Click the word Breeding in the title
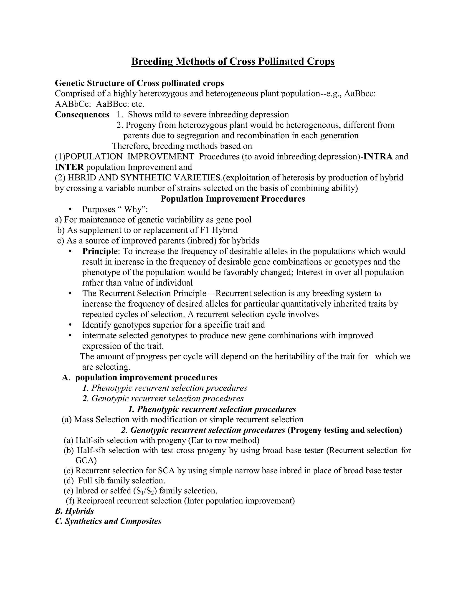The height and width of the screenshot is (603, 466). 152,61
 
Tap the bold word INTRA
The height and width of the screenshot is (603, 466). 378,157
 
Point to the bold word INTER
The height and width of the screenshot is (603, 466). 69,167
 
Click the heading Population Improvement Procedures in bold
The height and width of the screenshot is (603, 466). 233,199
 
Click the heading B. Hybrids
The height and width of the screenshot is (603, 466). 75,511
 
